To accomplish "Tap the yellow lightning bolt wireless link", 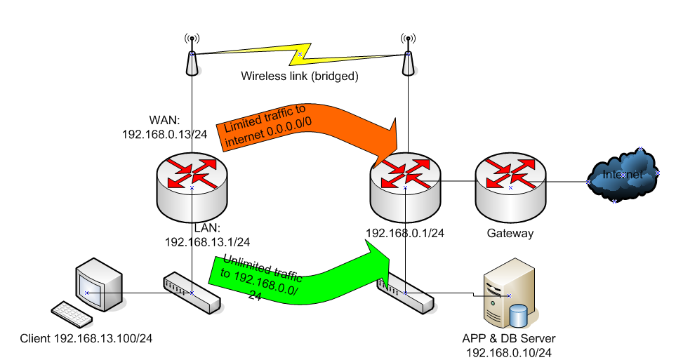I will click(x=300, y=54).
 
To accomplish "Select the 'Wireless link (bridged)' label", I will click(x=300, y=76).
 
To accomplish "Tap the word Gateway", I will click(x=510, y=234).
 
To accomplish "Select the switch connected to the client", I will click(x=192, y=292).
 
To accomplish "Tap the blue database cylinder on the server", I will click(x=519, y=316).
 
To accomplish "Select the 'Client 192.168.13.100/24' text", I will click(x=87, y=339).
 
